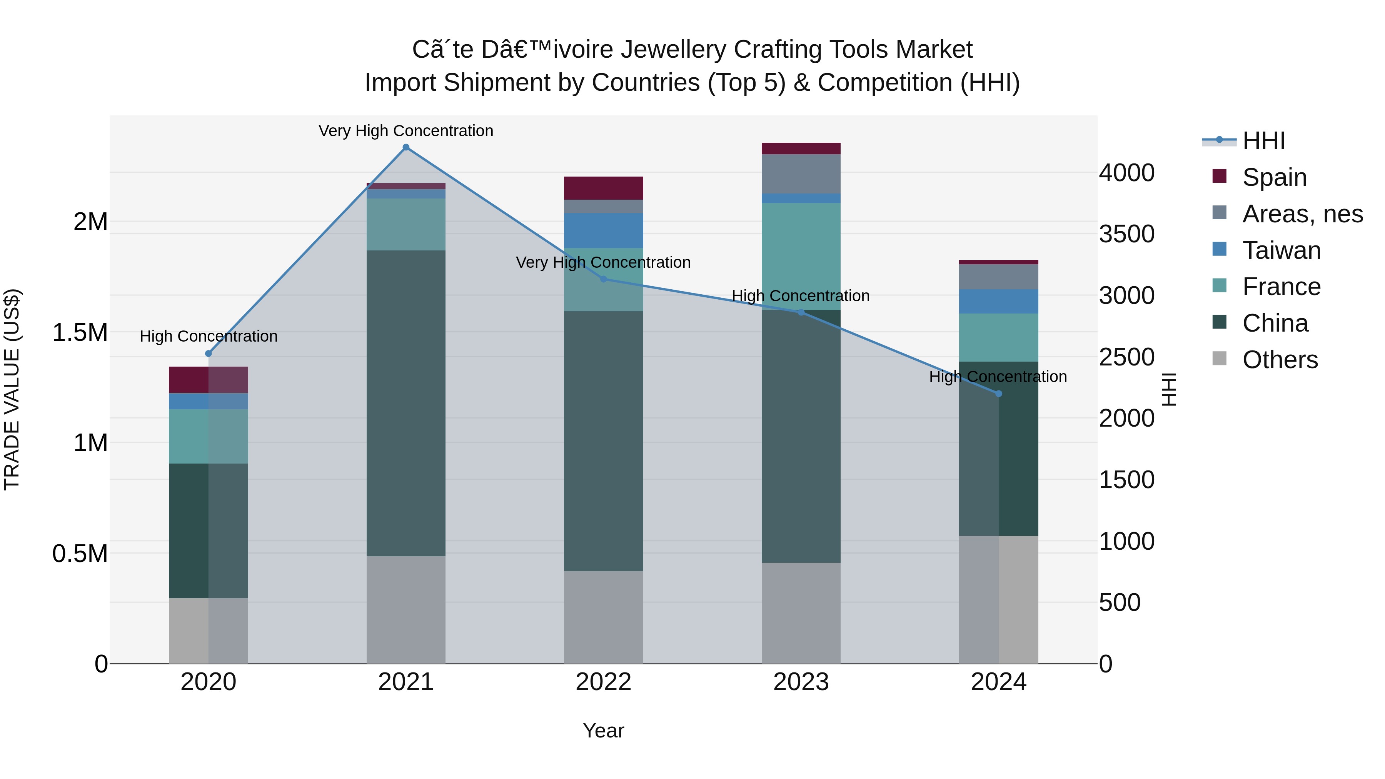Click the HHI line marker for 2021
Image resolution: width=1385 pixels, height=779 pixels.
pos(406,147)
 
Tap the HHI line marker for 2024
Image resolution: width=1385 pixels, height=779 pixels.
pos(998,394)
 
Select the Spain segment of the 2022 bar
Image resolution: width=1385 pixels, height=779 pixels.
pos(603,188)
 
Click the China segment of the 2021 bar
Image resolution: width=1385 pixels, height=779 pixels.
pos(406,403)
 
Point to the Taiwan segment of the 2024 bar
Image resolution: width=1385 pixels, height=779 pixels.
pos(998,301)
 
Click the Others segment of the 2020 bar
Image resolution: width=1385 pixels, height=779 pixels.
pos(208,630)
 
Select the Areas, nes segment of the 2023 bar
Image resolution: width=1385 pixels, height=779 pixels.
pos(801,173)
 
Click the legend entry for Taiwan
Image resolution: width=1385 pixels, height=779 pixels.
pos(1281,250)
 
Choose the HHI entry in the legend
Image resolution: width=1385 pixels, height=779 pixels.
pos(1263,141)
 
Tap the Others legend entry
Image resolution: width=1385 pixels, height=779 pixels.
pos(1280,360)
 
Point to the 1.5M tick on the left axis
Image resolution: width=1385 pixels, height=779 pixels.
pos(80,333)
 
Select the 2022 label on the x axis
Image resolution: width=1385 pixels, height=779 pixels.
pos(603,682)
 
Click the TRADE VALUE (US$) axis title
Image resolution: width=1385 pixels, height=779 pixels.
pos(12,390)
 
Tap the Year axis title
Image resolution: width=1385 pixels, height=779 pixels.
pos(603,731)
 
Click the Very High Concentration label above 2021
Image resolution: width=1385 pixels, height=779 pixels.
pos(406,131)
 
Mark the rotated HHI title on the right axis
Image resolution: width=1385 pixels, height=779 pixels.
pos(1169,390)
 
